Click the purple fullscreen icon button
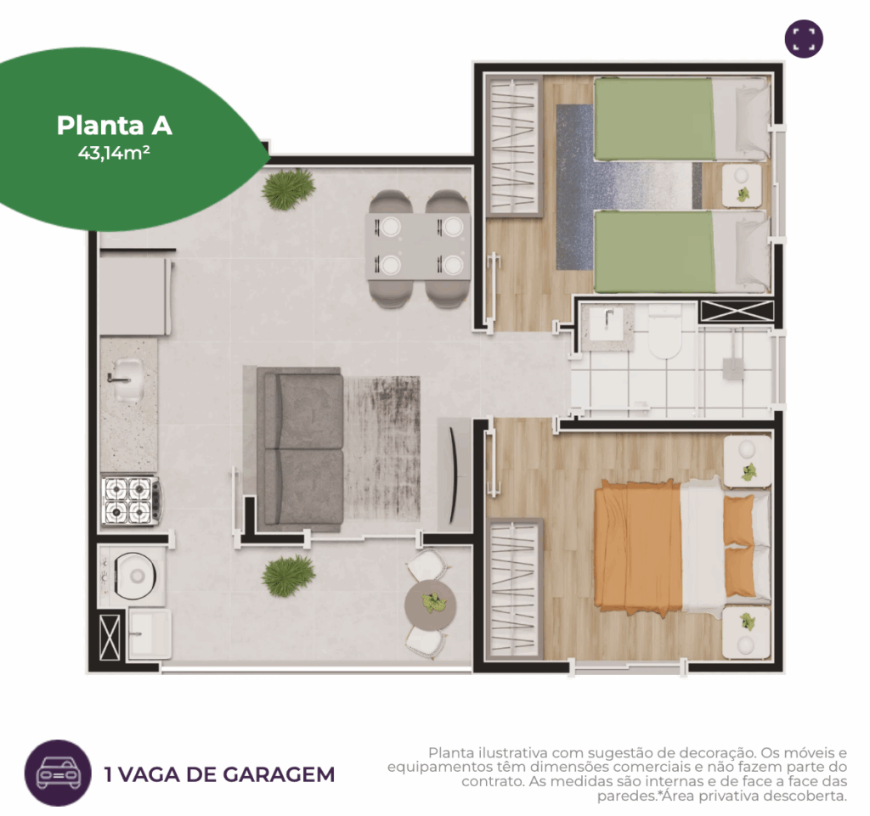pyautogui.click(x=804, y=38)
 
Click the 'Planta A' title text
pyautogui.click(x=115, y=126)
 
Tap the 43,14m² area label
pyautogui.click(x=115, y=153)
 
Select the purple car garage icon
pyautogui.click(x=58, y=773)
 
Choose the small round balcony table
pyautogui.click(x=430, y=603)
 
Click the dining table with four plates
pyautogui.click(x=418, y=246)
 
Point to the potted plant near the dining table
pyautogui.click(x=289, y=189)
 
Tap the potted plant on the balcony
pyautogui.click(x=289, y=576)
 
